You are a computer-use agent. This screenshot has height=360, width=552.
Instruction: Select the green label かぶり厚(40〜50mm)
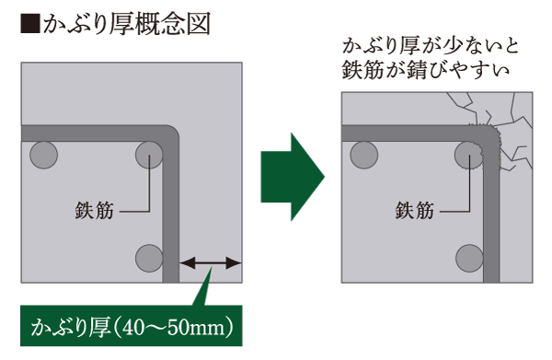point(129,327)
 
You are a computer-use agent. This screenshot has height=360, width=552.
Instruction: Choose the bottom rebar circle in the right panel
point(468,255)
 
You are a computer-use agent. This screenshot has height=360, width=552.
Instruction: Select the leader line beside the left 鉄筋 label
point(134,211)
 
